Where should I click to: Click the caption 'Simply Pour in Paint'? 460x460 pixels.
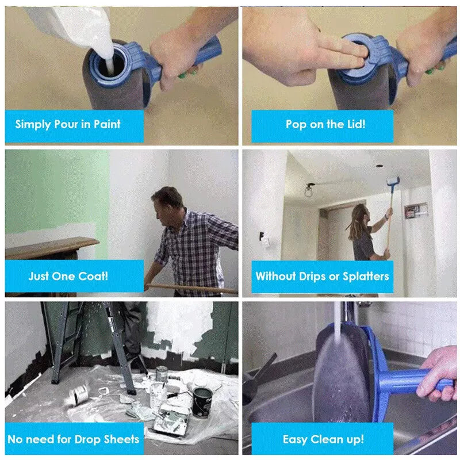68,124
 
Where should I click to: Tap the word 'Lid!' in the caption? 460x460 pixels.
351,124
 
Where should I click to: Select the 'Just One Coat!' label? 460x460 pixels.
68,275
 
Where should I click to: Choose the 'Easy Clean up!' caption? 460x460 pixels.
323,439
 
